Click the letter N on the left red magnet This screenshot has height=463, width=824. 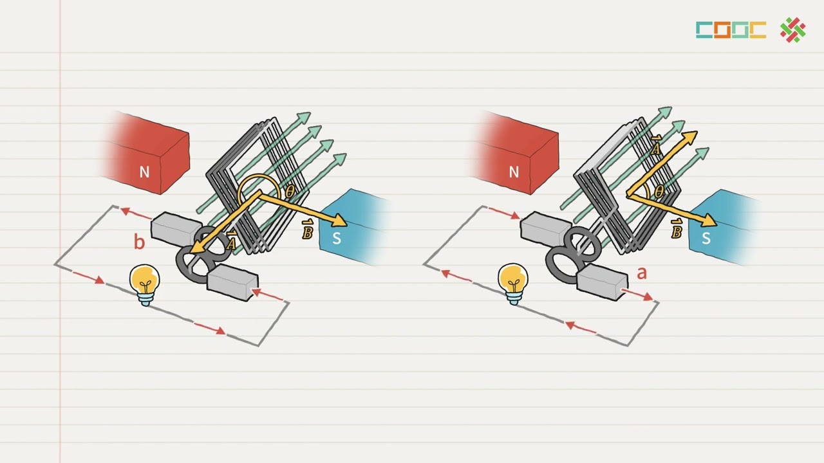(x=144, y=172)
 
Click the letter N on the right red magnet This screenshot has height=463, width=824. (x=514, y=172)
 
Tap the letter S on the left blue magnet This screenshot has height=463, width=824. (x=337, y=238)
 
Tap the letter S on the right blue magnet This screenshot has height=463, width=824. (x=706, y=238)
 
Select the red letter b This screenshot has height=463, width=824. (x=139, y=242)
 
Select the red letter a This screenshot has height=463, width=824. (x=642, y=273)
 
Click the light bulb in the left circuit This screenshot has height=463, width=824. (x=145, y=285)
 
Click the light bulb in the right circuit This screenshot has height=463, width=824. (x=513, y=284)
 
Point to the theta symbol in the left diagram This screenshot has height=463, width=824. (x=290, y=192)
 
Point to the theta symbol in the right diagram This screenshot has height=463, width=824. (x=659, y=192)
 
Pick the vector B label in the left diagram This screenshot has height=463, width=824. (x=307, y=230)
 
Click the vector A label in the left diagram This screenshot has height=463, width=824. (x=230, y=240)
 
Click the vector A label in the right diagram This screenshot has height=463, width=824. (x=655, y=145)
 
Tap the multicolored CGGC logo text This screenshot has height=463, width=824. (x=731, y=30)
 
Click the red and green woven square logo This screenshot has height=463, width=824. (x=792, y=30)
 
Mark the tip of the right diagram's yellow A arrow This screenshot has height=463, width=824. (x=697, y=132)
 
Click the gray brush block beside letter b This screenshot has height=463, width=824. (x=176, y=230)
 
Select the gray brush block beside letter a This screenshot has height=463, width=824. (x=603, y=282)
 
